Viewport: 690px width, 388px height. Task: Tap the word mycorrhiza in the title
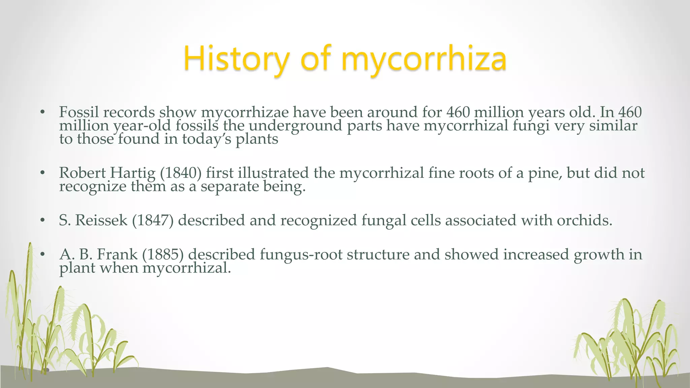click(x=424, y=59)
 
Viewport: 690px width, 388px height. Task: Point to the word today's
click(x=207, y=139)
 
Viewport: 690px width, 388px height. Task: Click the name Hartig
click(x=133, y=173)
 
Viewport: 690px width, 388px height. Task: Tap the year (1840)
click(x=181, y=173)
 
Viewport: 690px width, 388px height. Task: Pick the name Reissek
click(x=101, y=221)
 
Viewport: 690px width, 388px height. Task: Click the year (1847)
click(x=153, y=221)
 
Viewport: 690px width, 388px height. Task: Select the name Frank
click(x=117, y=255)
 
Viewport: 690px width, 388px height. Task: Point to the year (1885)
click(x=163, y=255)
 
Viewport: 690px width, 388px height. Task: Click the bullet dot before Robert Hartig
click(x=42, y=173)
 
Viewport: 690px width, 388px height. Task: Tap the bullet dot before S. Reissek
click(x=42, y=221)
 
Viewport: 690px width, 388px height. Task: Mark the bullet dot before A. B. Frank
click(x=42, y=255)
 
